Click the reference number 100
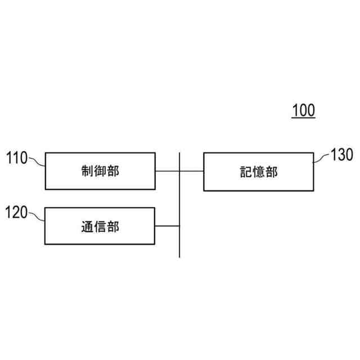point(303,110)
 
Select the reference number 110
point(16,158)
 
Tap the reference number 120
point(16,213)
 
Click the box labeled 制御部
point(100,170)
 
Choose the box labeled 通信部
point(100,226)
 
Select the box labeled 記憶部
point(258,171)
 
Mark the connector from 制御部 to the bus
point(167,170)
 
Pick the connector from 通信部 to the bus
point(167,226)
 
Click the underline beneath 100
point(303,118)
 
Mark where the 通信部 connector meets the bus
point(179,226)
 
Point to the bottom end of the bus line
point(179,256)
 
